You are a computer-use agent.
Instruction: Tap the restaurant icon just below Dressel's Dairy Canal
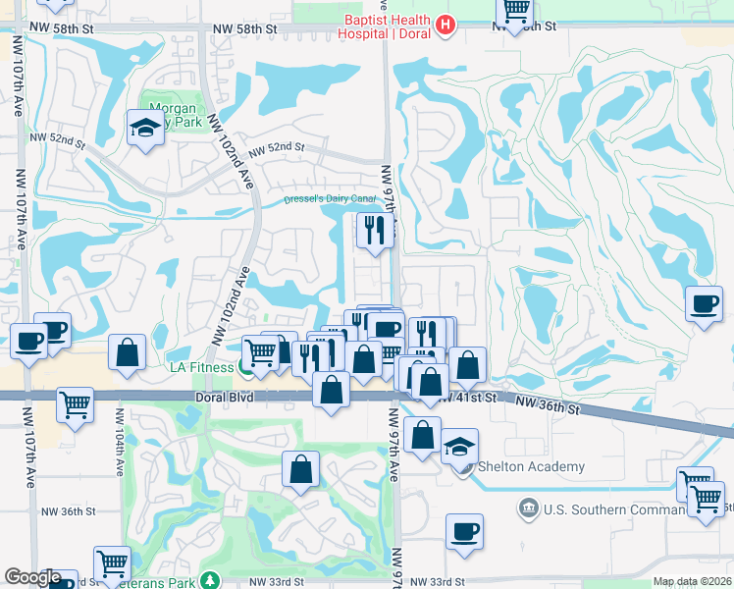tap(374, 230)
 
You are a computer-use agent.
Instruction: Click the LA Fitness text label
tap(201, 367)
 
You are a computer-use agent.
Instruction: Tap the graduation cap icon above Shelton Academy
tap(458, 446)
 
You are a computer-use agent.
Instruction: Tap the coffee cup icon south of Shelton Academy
tap(464, 531)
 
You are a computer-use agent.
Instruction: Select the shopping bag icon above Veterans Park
tap(300, 469)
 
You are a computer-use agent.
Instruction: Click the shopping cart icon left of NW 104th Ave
tap(75, 403)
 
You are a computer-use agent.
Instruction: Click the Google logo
tap(33, 577)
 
